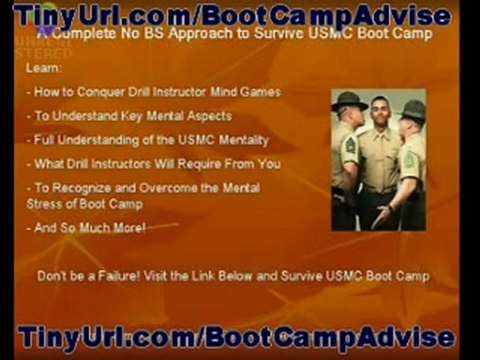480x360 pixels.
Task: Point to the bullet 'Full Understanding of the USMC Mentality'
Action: point(151,140)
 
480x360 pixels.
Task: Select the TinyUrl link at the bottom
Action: point(236,338)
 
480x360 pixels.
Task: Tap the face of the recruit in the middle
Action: point(380,113)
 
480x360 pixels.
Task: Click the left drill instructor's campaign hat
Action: point(350,99)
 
